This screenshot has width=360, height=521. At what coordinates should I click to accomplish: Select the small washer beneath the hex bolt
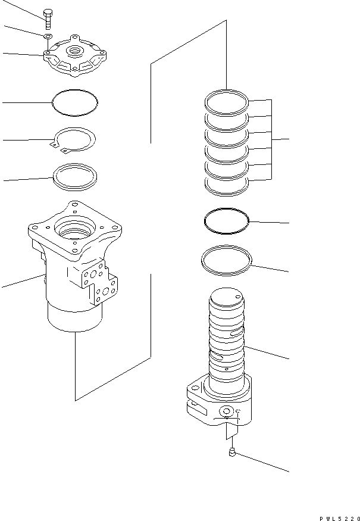pos(47,37)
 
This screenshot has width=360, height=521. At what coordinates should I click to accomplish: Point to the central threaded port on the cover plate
pos(76,49)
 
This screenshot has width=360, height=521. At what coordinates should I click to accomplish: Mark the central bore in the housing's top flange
pos(75,229)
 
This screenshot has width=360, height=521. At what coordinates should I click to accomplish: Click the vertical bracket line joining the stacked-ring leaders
pos(273,139)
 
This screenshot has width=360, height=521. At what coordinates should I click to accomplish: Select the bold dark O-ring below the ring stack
pos(226,221)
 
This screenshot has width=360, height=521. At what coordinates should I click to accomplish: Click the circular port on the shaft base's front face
pos(226,411)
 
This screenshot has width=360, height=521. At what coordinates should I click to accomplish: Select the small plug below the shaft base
pos(232,455)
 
